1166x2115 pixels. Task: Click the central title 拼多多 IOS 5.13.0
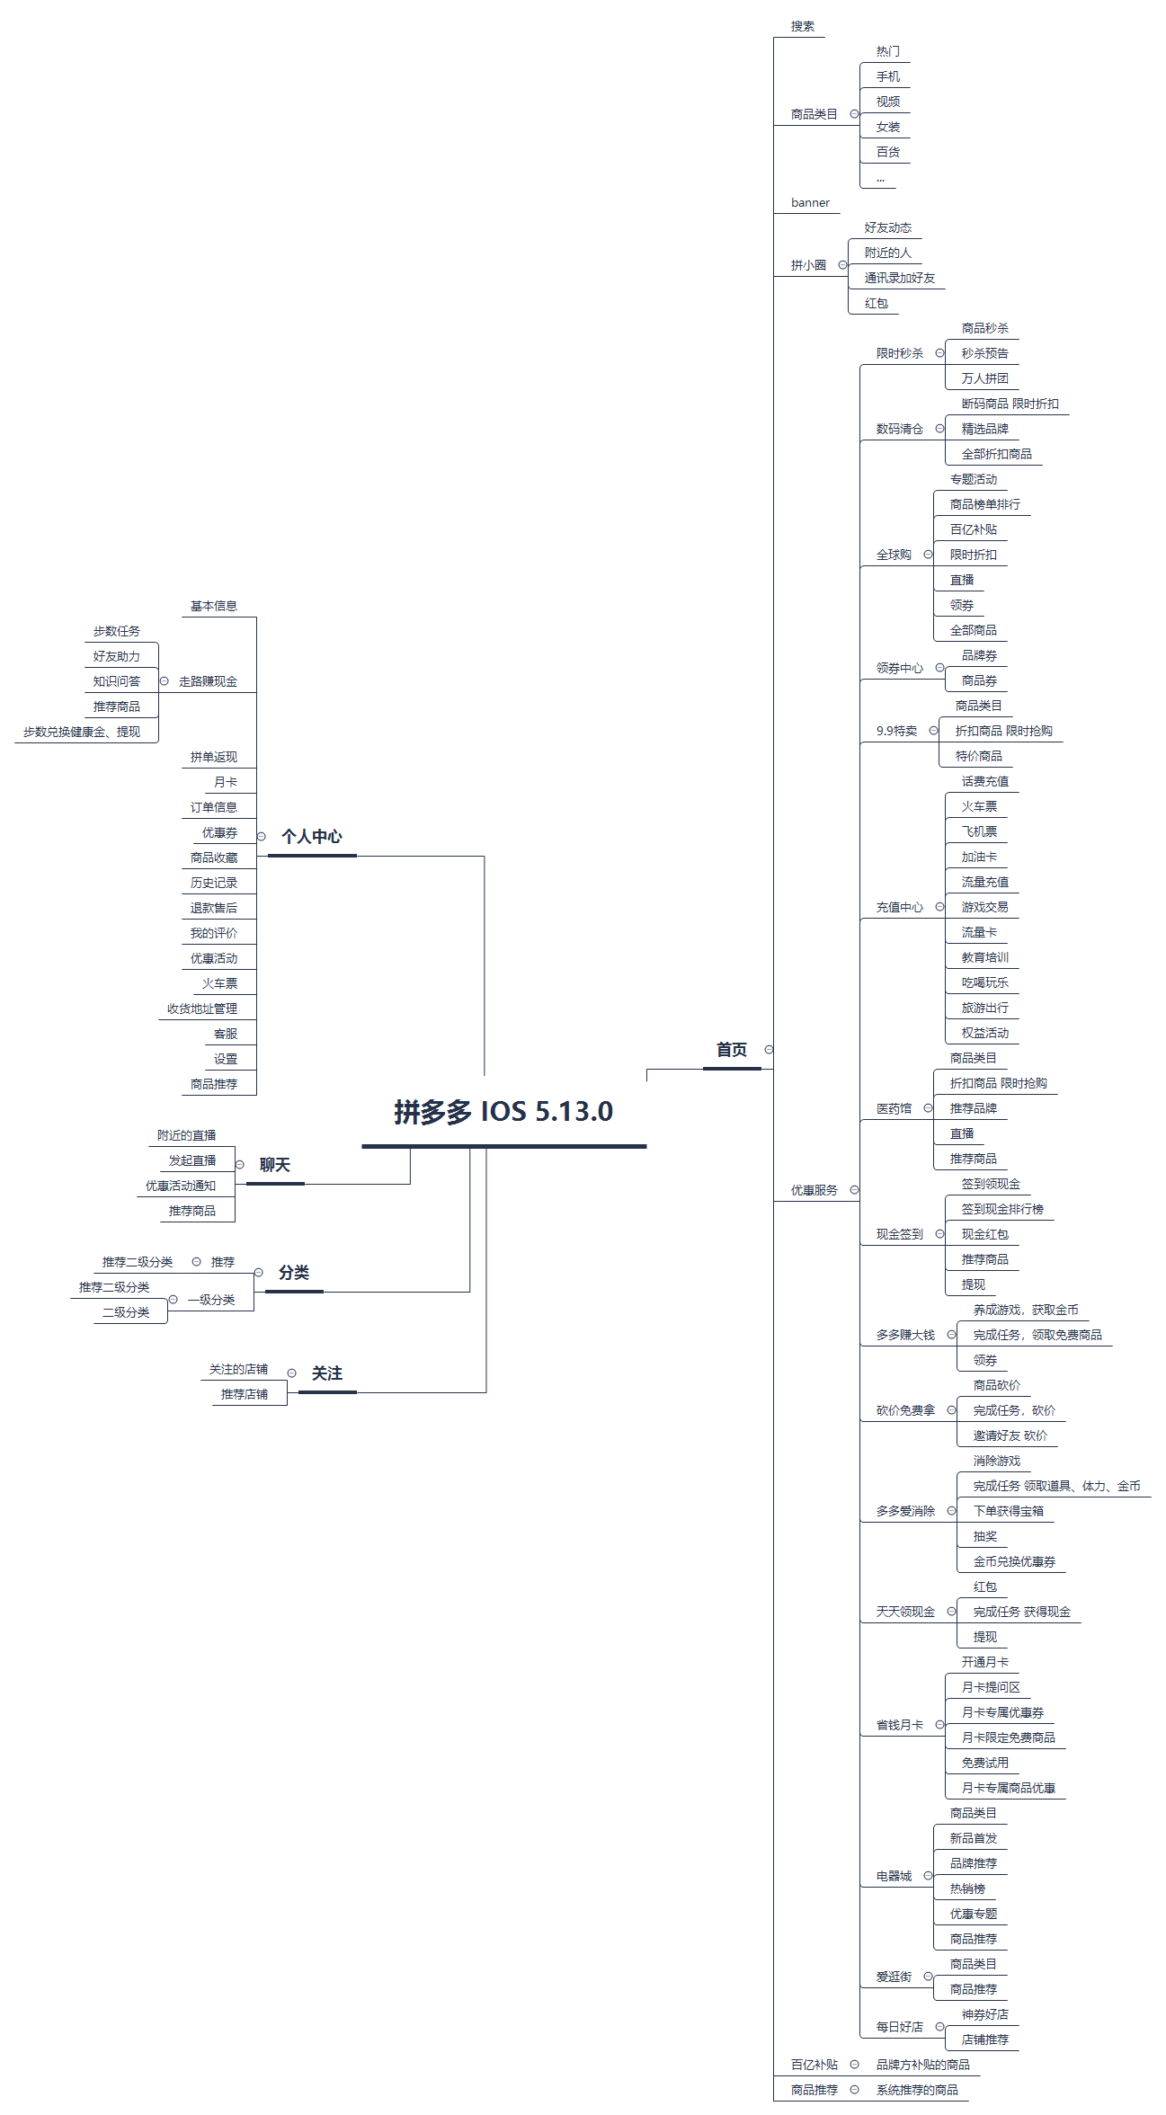click(x=503, y=1112)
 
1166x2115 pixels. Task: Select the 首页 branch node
click(x=731, y=1050)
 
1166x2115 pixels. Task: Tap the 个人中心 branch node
click(x=311, y=837)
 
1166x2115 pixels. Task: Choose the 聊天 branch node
click(x=274, y=1165)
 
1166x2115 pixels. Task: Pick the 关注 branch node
click(x=326, y=1373)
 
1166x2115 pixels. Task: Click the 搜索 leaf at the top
click(x=802, y=26)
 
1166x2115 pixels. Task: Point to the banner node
click(x=810, y=203)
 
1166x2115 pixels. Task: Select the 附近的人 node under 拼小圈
click(x=887, y=253)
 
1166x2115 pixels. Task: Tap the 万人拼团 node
click(x=984, y=378)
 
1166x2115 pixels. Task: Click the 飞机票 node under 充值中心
click(x=979, y=831)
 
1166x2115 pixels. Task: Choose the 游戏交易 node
click(x=984, y=907)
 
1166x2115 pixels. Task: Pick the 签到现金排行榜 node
click(x=1002, y=1209)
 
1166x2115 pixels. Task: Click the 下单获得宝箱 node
click(x=1008, y=1511)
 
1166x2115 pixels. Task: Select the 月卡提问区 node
click(x=991, y=1687)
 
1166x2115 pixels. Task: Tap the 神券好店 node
click(x=984, y=2014)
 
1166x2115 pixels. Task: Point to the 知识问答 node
click(x=117, y=681)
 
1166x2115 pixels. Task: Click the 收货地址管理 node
click(x=202, y=1009)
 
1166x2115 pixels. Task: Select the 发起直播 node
click(x=192, y=1160)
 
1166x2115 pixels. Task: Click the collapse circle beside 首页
click(x=769, y=1050)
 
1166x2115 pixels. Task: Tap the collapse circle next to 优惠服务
click(x=854, y=1190)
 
